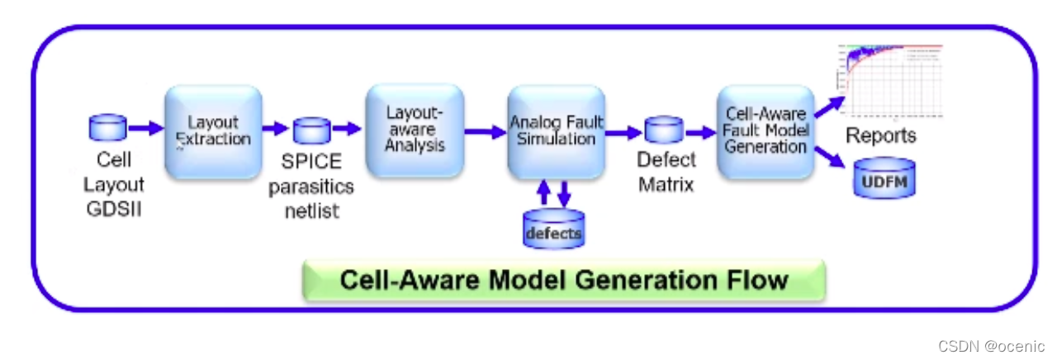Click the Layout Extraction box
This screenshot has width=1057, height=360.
click(x=213, y=131)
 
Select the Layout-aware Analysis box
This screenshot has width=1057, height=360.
click(x=415, y=130)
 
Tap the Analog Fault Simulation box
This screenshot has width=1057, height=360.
click(x=556, y=131)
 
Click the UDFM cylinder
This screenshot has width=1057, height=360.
click(x=884, y=178)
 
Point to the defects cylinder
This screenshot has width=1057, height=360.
click(x=553, y=229)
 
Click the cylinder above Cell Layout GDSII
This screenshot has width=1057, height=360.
click(x=107, y=128)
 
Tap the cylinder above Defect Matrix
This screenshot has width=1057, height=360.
click(x=663, y=130)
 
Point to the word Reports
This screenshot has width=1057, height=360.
click(x=881, y=135)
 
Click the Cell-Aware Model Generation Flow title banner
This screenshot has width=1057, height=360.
click(x=564, y=279)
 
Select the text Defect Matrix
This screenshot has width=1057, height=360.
click(x=666, y=171)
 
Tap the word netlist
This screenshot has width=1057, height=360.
click(x=312, y=211)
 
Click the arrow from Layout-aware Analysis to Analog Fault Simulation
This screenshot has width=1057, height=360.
click(x=484, y=130)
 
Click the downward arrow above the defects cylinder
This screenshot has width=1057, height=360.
click(x=565, y=193)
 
